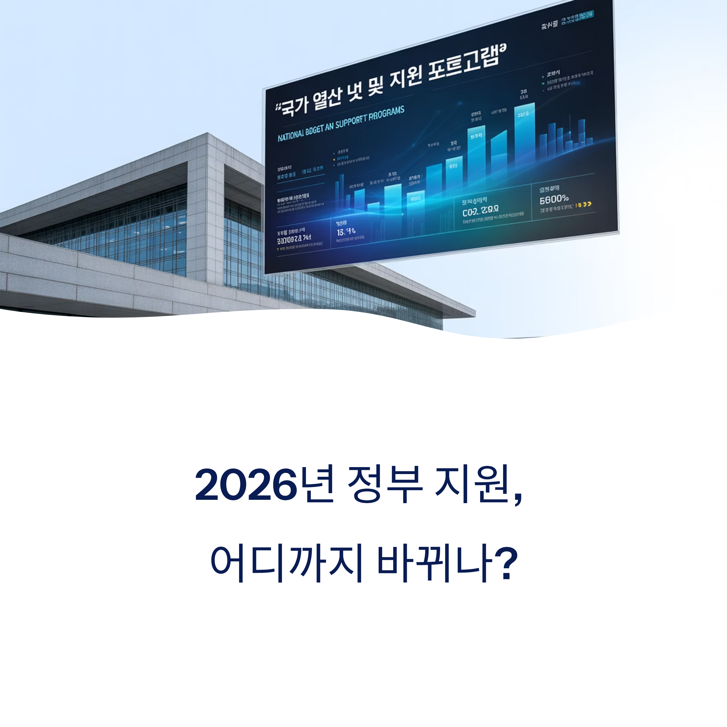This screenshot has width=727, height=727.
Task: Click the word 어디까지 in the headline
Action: (x=287, y=563)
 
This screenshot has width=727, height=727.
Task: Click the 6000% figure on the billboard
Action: (x=554, y=199)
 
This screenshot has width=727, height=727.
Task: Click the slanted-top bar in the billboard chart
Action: (x=499, y=154)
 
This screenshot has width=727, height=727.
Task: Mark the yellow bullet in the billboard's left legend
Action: (x=334, y=159)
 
